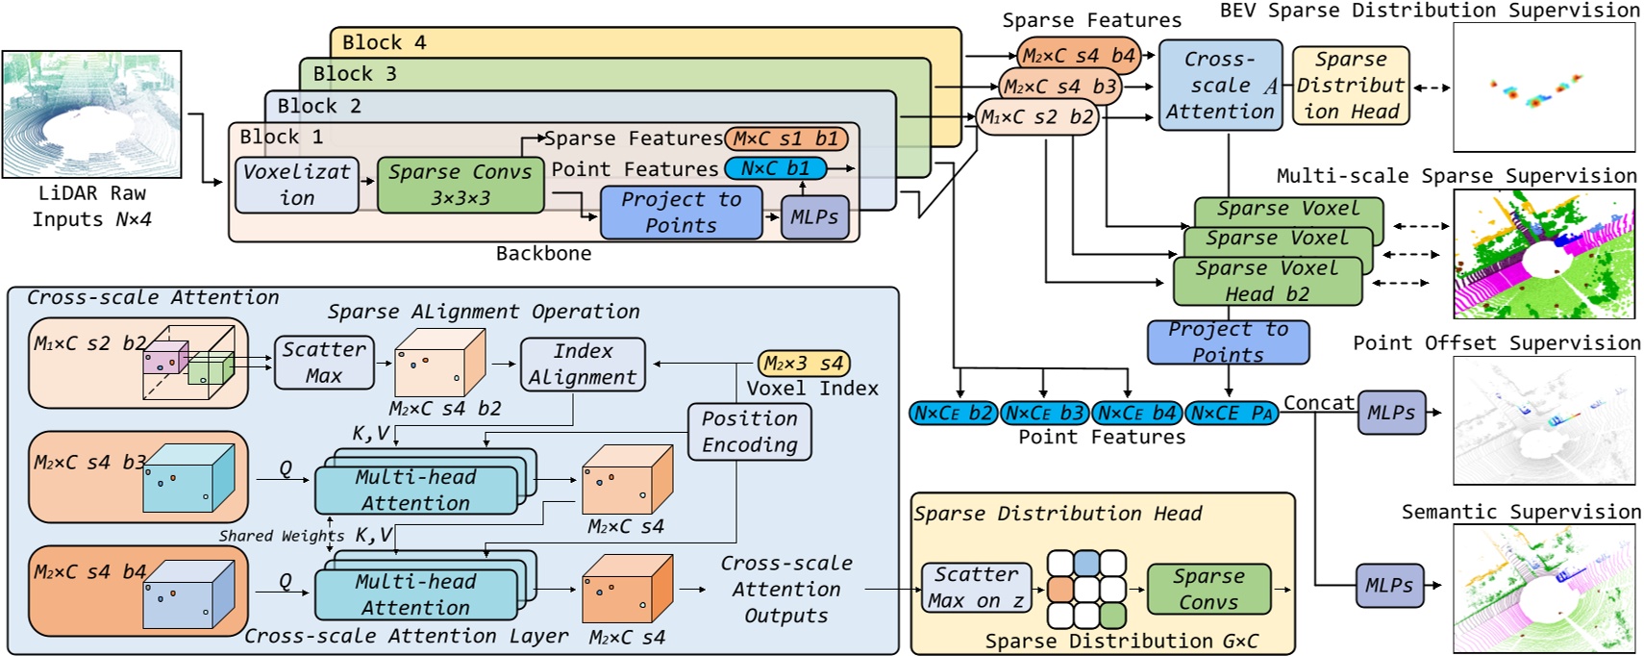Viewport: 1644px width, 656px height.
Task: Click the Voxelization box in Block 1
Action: [x=296, y=185]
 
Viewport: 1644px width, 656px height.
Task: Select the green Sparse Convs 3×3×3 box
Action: [x=460, y=185]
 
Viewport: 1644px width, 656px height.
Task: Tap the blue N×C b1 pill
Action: [x=775, y=168]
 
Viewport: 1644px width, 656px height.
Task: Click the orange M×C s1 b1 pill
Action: [x=785, y=139]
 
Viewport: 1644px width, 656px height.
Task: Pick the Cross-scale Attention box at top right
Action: [x=1220, y=86]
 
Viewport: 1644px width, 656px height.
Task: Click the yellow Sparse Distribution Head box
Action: [x=1351, y=86]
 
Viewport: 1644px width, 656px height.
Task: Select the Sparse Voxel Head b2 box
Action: [x=1267, y=281]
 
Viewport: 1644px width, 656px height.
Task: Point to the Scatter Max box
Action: [x=324, y=363]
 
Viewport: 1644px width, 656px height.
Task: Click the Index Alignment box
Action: [x=583, y=365]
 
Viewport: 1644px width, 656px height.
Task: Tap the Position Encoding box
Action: [x=750, y=432]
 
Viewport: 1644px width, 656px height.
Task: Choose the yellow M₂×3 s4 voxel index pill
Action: [x=804, y=364]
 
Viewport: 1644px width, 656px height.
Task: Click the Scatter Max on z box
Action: [x=976, y=588]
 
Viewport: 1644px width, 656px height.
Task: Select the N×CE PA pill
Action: [x=1232, y=414]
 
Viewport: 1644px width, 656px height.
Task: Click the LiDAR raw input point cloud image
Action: [x=91, y=114]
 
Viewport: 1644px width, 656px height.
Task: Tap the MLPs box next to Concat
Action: [x=1391, y=413]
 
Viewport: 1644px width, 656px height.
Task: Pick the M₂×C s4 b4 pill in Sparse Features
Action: [x=1078, y=56]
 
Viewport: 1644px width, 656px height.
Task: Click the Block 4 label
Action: [x=384, y=42]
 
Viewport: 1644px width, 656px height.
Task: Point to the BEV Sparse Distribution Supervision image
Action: [x=1543, y=87]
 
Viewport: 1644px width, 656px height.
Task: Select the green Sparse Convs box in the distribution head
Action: [x=1208, y=590]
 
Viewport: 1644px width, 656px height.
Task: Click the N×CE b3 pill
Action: [x=1044, y=414]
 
